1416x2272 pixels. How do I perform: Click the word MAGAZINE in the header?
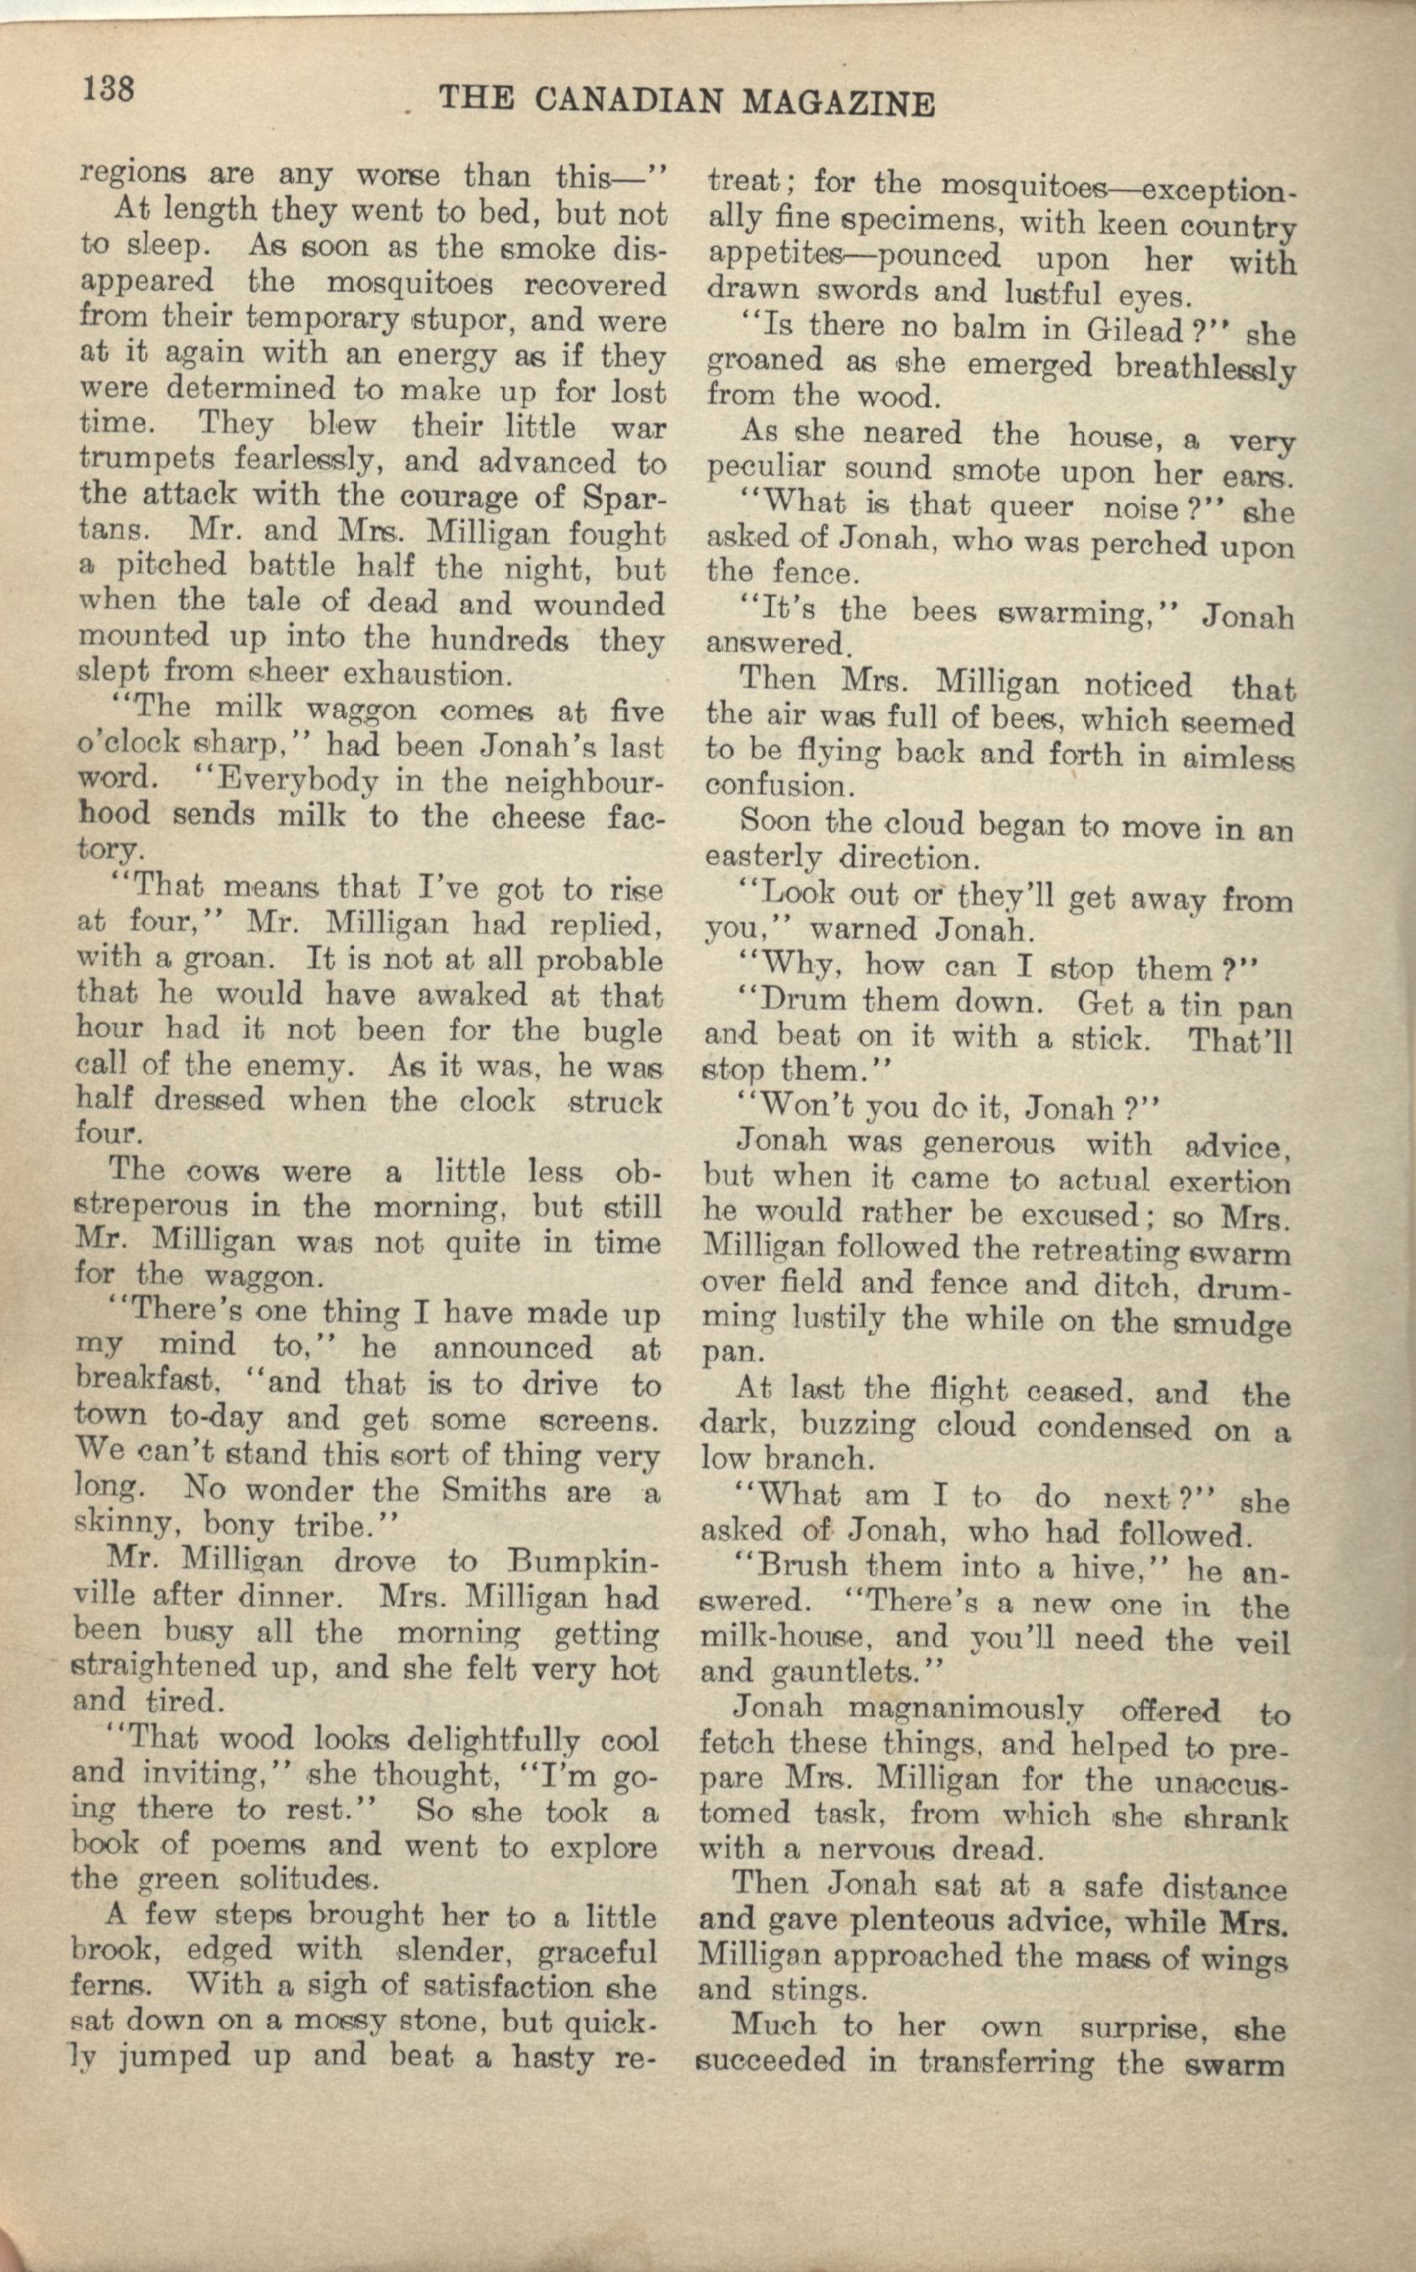(837, 102)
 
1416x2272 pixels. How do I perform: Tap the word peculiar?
(766, 469)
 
